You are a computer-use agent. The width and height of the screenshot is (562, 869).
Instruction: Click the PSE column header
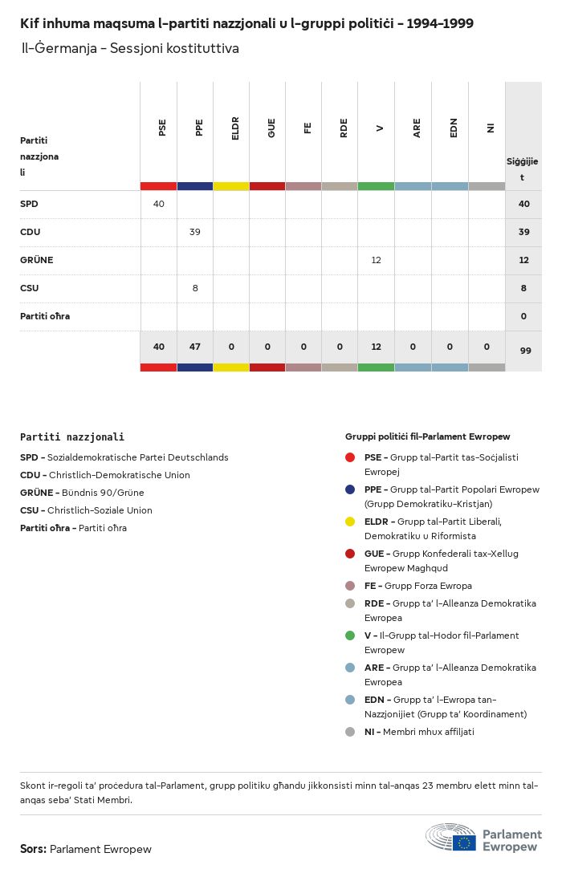(x=162, y=128)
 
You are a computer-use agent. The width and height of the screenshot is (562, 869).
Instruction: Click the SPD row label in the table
(x=29, y=204)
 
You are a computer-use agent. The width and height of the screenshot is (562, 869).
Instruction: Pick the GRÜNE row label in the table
(x=36, y=260)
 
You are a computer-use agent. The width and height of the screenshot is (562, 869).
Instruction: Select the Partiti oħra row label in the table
(x=45, y=316)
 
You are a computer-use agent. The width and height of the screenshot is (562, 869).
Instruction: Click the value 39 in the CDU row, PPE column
(x=195, y=232)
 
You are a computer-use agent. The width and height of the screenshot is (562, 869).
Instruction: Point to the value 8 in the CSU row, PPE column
(x=195, y=288)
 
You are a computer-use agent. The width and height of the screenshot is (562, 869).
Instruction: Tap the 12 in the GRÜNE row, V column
(x=377, y=260)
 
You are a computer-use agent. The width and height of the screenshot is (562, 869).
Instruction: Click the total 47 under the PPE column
(x=195, y=347)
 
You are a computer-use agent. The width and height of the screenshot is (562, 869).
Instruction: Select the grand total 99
(x=523, y=351)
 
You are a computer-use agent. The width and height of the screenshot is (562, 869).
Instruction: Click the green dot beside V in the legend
(x=350, y=636)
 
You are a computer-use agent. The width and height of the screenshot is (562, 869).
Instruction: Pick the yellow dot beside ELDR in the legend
(x=350, y=522)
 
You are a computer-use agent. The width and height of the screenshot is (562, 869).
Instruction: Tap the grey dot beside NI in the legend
(x=350, y=732)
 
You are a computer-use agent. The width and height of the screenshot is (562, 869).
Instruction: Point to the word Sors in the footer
(x=33, y=849)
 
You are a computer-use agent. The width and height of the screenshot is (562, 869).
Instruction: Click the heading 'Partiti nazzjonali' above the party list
(x=72, y=437)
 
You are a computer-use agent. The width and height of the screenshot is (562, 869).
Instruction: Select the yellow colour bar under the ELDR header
(x=231, y=186)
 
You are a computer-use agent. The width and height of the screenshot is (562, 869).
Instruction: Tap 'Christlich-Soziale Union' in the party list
(x=100, y=510)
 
